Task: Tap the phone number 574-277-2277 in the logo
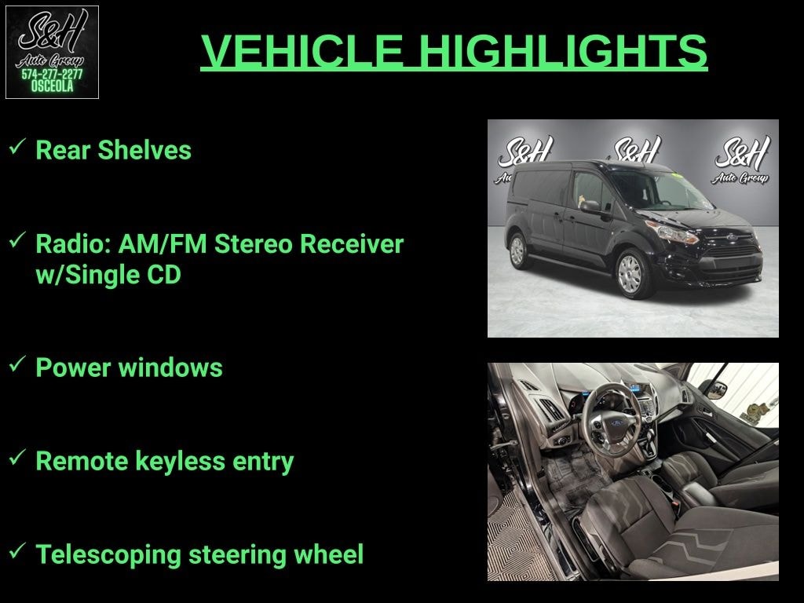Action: (x=52, y=75)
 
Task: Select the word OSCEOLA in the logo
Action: (x=52, y=86)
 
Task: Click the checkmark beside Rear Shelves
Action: (x=17, y=147)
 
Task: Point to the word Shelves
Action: (x=144, y=150)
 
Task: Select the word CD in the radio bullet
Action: (x=164, y=274)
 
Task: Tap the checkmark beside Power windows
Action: (x=17, y=364)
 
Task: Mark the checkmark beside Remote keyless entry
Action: (x=17, y=458)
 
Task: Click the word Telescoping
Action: (x=108, y=555)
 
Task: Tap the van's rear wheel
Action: (x=518, y=250)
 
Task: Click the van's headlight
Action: (x=673, y=232)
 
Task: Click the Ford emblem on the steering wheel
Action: (x=616, y=423)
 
